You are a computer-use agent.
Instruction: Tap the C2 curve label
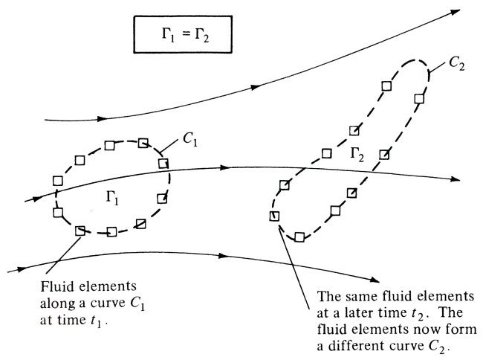(456, 65)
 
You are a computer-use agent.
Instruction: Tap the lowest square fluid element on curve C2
(299, 237)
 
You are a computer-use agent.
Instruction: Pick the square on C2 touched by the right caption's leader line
(273, 216)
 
